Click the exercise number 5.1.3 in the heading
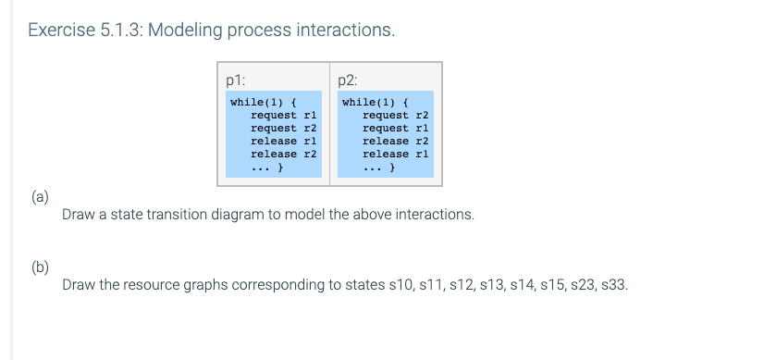119,31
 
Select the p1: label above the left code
236,79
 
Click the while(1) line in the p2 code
374,102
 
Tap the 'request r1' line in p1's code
284,115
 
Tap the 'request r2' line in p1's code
284,128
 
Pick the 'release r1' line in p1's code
284,141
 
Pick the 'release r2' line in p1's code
284,154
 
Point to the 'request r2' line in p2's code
396,115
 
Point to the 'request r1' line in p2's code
396,128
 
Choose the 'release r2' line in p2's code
396,141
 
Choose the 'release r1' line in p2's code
396,154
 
